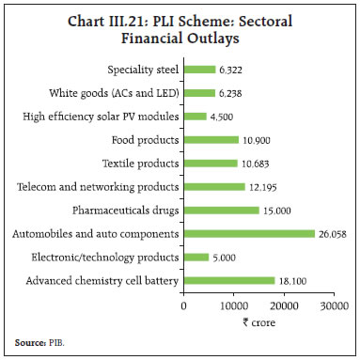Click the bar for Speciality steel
pos(199,69)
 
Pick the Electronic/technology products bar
pos(196,257)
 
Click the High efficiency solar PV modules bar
pos(195,116)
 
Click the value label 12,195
pos(264,186)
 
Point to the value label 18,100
pos(294,280)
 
